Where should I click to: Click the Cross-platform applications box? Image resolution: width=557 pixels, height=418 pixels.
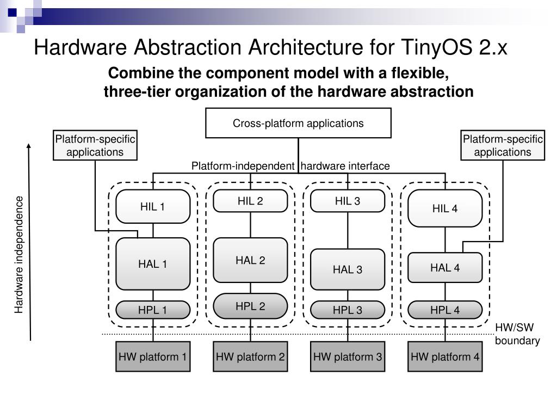pyautogui.click(x=298, y=123)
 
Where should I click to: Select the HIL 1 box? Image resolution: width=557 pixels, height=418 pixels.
pyautogui.click(x=153, y=206)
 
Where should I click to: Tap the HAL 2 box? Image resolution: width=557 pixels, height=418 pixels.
pyautogui.click(x=250, y=260)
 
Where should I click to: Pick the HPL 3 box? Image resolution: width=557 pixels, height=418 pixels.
pyautogui.click(x=348, y=310)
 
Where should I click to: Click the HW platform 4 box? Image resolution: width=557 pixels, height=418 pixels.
pyautogui.click(x=445, y=357)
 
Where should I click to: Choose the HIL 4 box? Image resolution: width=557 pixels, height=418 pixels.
pyautogui.click(x=445, y=208)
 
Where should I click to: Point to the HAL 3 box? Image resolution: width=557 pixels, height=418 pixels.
pyautogui.click(x=348, y=269)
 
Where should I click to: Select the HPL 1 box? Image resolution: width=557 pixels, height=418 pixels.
pyautogui.click(x=153, y=310)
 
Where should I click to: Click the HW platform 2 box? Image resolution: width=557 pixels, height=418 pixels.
pyautogui.click(x=250, y=357)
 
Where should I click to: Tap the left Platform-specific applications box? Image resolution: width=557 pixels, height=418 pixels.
pyautogui.click(x=95, y=145)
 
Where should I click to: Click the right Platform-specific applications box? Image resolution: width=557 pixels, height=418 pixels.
pyautogui.click(x=503, y=145)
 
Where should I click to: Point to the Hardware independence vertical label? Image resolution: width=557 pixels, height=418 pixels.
pyautogui.click(x=20, y=255)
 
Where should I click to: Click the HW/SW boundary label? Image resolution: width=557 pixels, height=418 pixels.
pyautogui.click(x=517, y=334)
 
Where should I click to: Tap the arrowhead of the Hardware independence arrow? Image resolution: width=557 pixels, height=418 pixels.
pyautogui.click(x=29, y=146)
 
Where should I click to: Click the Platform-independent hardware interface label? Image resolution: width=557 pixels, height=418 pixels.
pyautogui.click(x=290, y=166)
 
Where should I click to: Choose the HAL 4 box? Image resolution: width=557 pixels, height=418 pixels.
pyautogui.click(x=445, y=267)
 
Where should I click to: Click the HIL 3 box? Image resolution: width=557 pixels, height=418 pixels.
pyautogui.click(x=348, y=201)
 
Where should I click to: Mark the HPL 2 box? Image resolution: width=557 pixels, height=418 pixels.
pyautogui.click(x=250, y=306)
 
